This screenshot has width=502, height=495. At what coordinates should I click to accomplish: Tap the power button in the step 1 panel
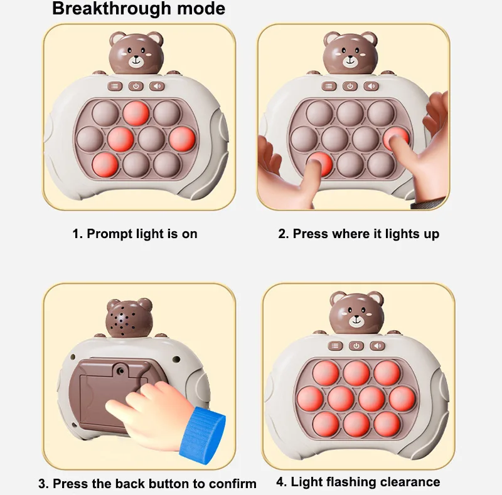[x=136, y=86]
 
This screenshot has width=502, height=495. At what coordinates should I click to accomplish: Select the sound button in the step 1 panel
[x=157, y=86]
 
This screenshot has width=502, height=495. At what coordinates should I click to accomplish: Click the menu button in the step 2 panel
[x=329, y=86]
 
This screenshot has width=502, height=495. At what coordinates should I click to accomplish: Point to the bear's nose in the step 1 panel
[x=136, y=57]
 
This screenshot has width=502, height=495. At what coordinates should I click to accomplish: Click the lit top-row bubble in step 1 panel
[x=136, y=113]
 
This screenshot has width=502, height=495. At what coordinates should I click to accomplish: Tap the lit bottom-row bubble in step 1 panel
[x=105, y=164]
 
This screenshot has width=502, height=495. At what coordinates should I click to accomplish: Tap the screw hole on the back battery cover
[x=121, y=370]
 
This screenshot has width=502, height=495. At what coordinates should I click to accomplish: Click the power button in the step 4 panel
[x=356, y=346]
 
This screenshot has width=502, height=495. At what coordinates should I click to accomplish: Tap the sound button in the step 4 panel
[x=377, y=346]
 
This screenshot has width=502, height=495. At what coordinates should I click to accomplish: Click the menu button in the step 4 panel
[x=335, y=346]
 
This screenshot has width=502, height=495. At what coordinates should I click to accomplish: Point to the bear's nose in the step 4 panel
[x=356, y=317]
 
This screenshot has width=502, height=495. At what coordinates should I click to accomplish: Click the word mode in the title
[x=201, y=9]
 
